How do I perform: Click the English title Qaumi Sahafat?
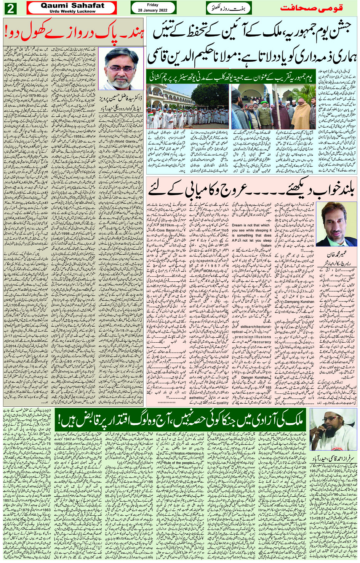click(x=72, y=5)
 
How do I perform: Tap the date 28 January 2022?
click(x=153, y=10)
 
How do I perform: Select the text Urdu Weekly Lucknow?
click(x=72, y=11)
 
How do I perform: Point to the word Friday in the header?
click(x=153, y=5)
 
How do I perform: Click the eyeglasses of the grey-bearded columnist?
click(x=120, y=69)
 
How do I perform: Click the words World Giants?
click(x=125, y=141)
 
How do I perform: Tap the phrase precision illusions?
click(x=253, y=337)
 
